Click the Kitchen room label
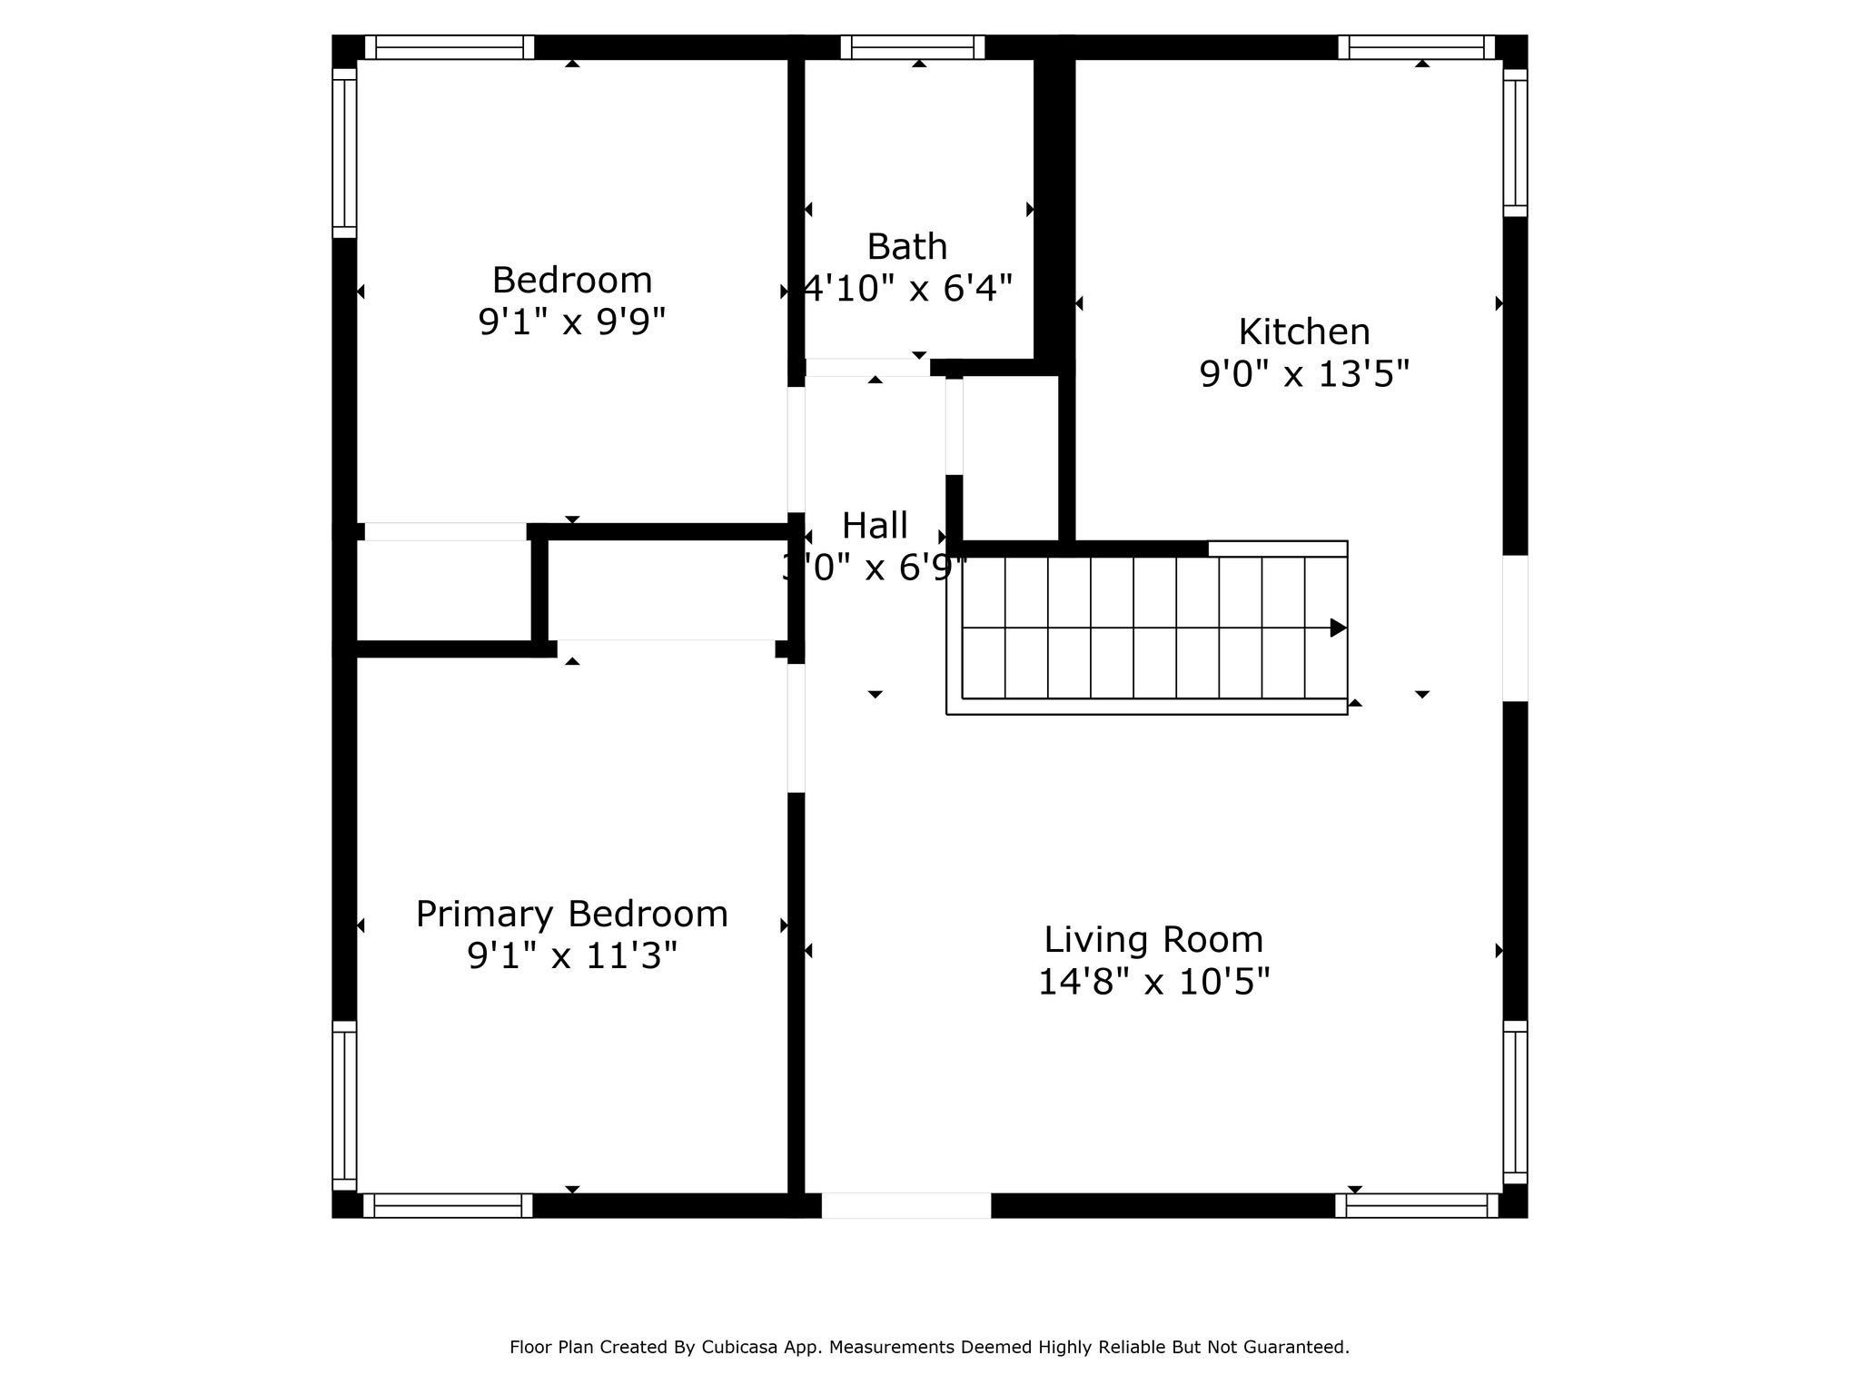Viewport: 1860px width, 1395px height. coord(1304,332)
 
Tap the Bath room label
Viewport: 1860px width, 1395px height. coord(907,247)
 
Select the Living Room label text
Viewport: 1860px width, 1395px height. coord(1153,940)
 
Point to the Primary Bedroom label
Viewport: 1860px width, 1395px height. coord(572,915)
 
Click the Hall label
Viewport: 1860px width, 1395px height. coord(875,526)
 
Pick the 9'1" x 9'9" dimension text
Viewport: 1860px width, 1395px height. coord(572,322)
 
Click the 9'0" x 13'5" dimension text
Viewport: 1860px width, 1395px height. coord(1304,373)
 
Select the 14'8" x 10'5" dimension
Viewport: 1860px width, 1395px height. coord(1153,982)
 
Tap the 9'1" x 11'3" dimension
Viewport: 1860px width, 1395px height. coord(572,955)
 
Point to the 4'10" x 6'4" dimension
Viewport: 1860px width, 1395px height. coord(908,289)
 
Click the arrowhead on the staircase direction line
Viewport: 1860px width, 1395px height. coord(1339,628)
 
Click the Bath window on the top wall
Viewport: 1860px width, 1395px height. coord(913,47)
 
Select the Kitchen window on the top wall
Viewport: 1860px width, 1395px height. coord(1417,47)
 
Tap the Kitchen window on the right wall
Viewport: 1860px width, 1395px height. coord(1516,143)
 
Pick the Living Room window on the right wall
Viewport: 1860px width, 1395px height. coord(1516,1103)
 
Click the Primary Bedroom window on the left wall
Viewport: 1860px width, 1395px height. coord(344,1105)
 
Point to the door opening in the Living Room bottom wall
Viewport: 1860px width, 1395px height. coord(906,1205)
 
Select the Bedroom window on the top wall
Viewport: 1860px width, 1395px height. coord(450,47)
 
